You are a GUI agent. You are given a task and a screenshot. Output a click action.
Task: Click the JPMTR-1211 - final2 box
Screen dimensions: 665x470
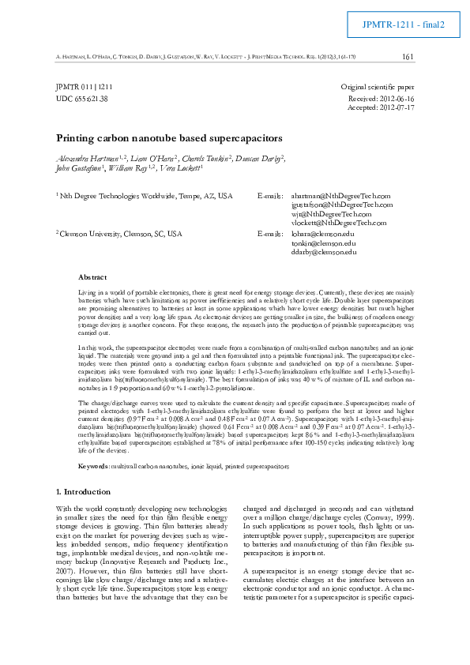(x=404, y=24)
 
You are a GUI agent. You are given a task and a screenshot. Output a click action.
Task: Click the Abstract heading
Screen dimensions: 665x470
(x=92, y=277)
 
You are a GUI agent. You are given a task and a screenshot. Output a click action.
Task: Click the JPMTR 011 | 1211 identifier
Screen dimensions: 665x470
(x=84, y=85)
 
